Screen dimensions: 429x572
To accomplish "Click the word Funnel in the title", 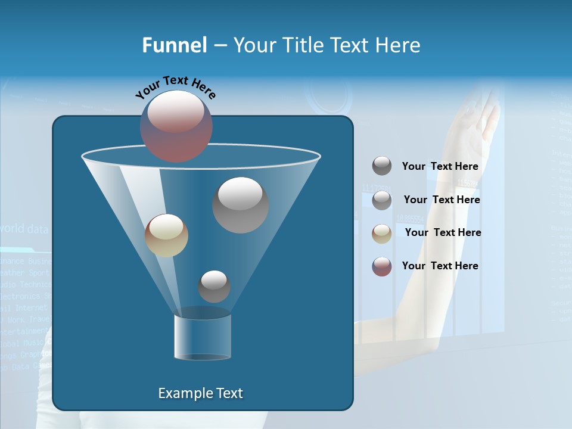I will pyautogui.click(x=174, y=45).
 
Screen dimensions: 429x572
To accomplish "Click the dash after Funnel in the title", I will pyautogui.click(x=220, y=45).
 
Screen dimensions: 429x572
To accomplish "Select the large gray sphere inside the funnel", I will pyautogui.click(x=240, y=204).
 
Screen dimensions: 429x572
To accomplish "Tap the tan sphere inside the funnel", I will pyautogui.click(x=166, y=235).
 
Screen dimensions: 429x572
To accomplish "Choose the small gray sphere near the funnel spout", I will pyautogui.click(x=214, y=286).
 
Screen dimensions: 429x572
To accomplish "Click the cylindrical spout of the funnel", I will pyautogui.click(x=203, y=337).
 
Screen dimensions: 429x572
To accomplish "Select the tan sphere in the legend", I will pyautogui.click(x=382, y=233).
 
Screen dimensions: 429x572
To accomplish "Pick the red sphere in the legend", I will pyautogui.click(x=382, y=266).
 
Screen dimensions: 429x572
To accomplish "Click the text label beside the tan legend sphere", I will pyautogui.click(x=443, y=232).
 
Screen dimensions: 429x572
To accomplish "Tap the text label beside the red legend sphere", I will pyautogui.click(x=440, y=266).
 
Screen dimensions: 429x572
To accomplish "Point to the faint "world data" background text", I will pyautogui.click(x=24, y=229).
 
